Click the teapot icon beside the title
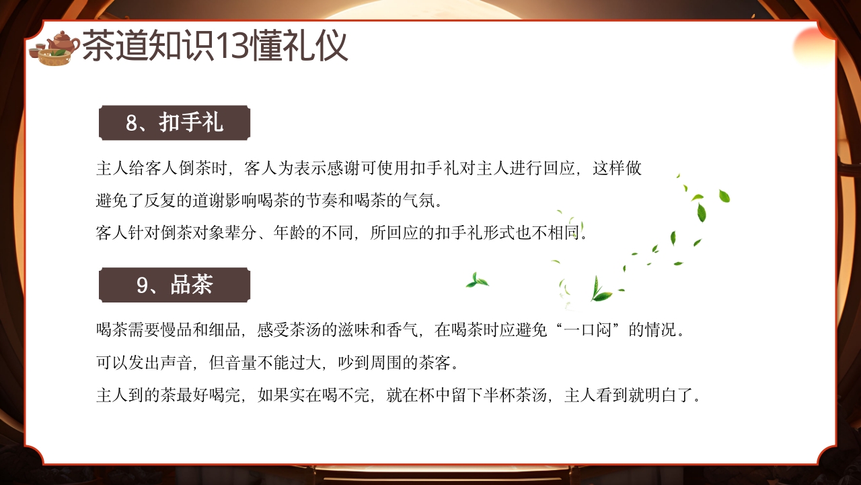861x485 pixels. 55,47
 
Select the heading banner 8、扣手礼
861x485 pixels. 174,123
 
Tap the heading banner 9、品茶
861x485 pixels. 174,284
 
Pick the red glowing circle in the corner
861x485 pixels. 812,44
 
